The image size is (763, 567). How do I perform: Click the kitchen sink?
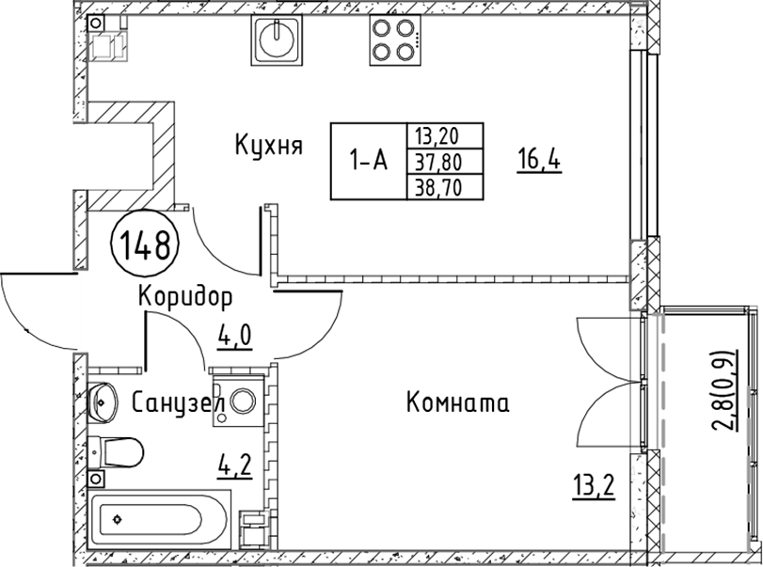(x=277, y=39)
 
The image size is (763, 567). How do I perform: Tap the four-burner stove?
(x=394, y=39)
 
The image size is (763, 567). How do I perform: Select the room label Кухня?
(x=269, y=145)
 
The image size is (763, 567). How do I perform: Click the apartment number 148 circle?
(x=145, y=244)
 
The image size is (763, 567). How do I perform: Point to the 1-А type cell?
(x=369, y=161)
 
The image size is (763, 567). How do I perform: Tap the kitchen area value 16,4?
(x=539, y=161)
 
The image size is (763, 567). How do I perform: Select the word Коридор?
(x=185, y=296)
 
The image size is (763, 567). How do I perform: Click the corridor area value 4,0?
(x=234, y=337)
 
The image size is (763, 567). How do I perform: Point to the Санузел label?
(x=178, y=402)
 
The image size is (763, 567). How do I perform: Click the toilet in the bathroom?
(x=116, y=451)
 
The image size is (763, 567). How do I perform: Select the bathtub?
(x=159, y=520)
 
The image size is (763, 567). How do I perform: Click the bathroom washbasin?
(x=103, y=402)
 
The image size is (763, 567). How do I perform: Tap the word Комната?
(x=458, y=403)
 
